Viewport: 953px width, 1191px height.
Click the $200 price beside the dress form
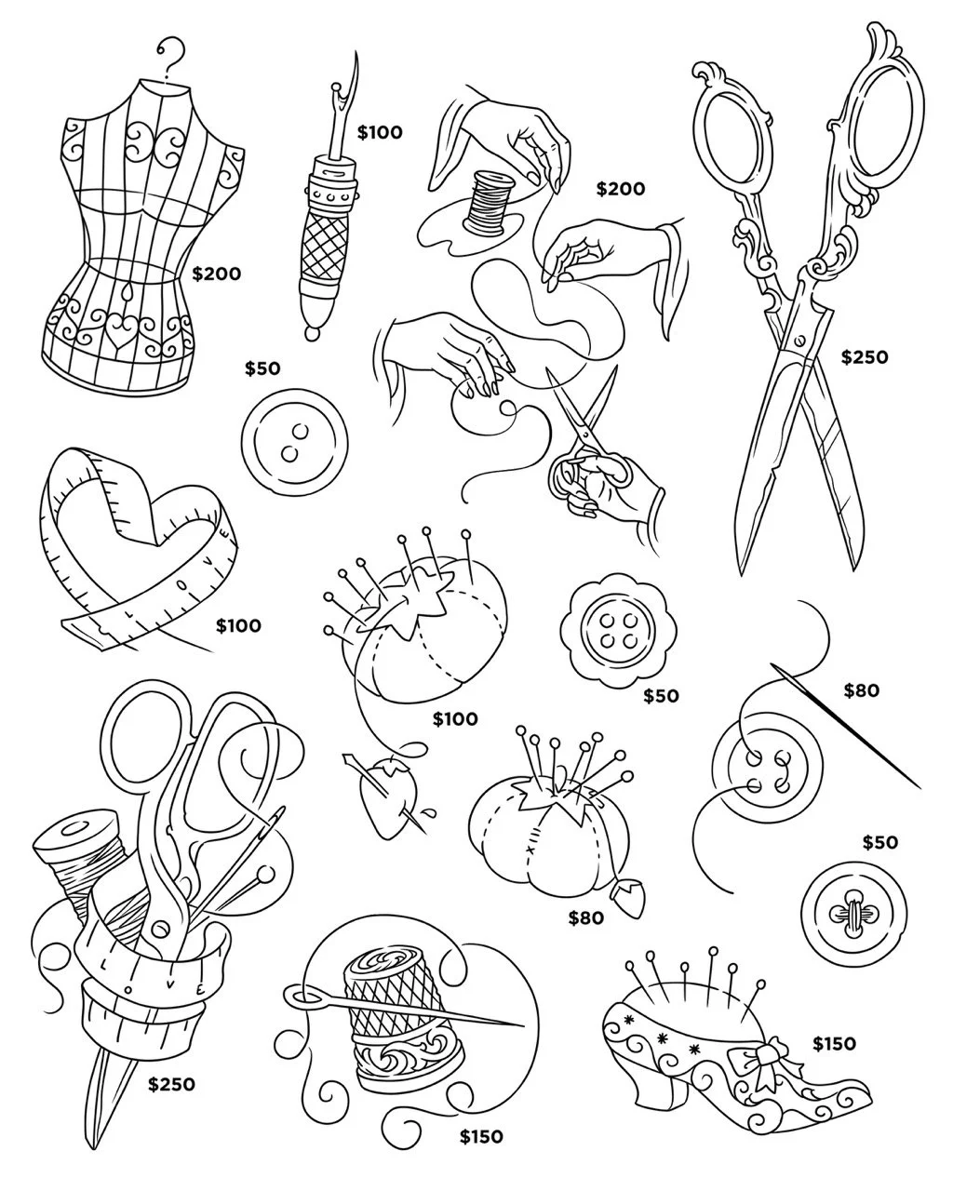[x=217, y=274]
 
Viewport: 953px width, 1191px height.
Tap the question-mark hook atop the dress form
[x=171, y=54]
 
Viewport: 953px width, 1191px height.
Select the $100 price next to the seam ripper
[x=380, y=132]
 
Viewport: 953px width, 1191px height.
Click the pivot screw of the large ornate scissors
[x=799, y=340]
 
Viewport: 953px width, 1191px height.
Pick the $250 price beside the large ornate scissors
[x=865, y=357]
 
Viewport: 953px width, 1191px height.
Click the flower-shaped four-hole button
[x=619, y=631]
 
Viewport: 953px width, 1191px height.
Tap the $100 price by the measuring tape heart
[x=238, y=626]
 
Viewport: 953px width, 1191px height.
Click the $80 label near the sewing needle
[x=862, y=690]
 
